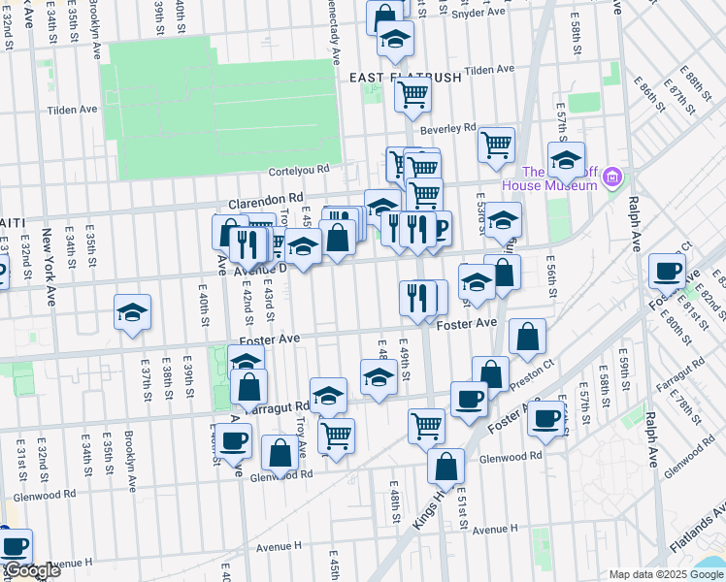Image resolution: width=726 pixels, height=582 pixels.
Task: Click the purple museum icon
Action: click(x=612, y=178)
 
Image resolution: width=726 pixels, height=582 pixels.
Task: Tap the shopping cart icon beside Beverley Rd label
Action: click(x=496, y=145)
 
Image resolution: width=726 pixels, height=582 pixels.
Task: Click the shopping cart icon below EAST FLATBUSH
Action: click(x=412, y=95)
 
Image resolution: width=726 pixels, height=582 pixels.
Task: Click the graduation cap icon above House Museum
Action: click(x=566, y=159)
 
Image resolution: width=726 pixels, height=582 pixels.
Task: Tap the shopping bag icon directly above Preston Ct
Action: click(x=527, y=337)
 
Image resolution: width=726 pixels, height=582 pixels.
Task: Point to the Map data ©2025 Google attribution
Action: click(x=666, y=574)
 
